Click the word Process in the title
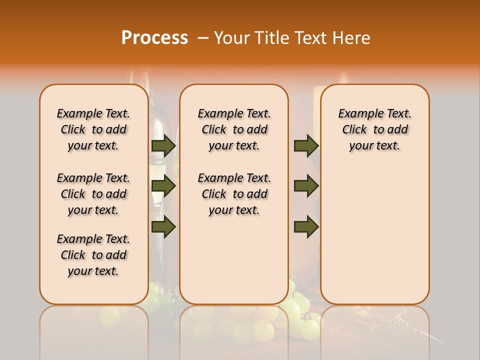154,38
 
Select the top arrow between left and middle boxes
163,145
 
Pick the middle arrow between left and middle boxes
163,186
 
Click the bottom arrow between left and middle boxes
163,227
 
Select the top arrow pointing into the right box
306,145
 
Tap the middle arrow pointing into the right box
306,186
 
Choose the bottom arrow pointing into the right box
306,227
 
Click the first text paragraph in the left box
93,129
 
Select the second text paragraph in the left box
93,194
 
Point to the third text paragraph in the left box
93,255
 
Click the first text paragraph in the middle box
234,129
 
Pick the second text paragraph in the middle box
234,194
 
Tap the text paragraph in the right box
375,129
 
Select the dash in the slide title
203,38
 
